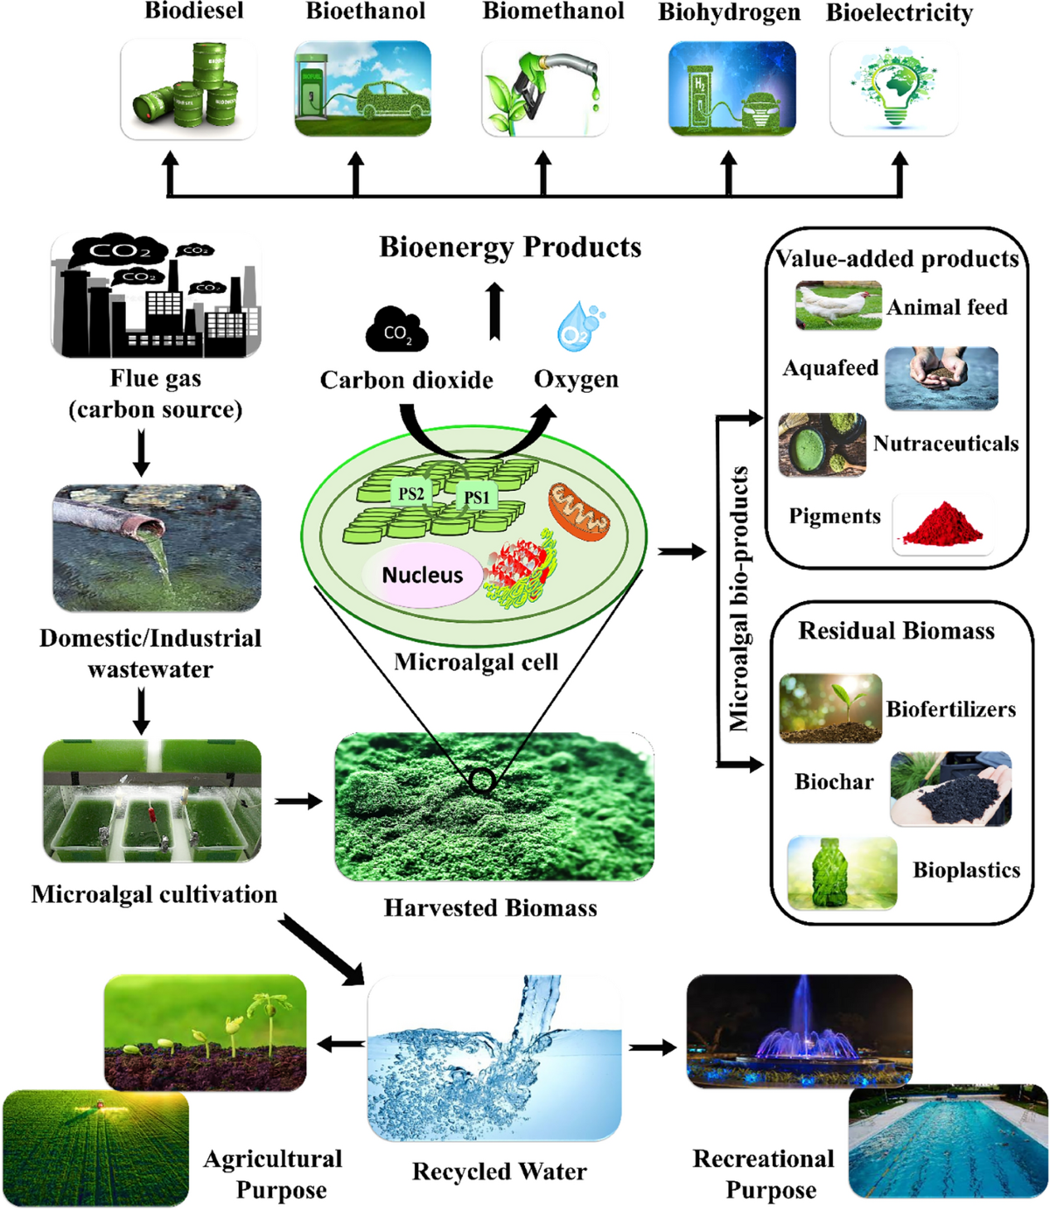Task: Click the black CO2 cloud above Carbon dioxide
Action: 396,330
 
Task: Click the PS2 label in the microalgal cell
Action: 410,494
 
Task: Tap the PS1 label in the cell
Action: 476,498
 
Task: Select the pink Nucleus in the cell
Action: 422,575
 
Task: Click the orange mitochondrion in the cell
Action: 579,510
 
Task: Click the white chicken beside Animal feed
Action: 836,306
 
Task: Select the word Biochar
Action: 833,782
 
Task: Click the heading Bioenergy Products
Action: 510,248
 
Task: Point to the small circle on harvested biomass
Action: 482,780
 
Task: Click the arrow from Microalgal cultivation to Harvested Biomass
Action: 299,801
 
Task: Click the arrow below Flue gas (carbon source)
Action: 141,454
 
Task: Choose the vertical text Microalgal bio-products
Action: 740,598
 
